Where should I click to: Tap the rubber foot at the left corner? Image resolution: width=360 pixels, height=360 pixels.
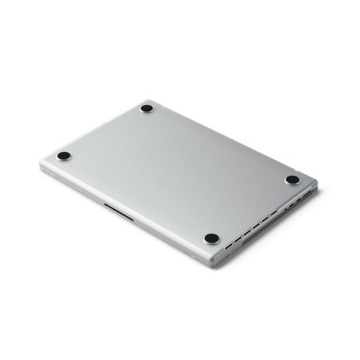(63, 155)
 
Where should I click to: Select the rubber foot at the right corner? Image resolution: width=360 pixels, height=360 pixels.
(293, 179)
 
